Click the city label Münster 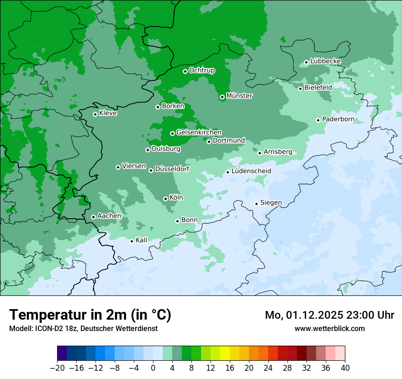coord(239,96)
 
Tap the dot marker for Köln coord(165,199)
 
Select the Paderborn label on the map coord(338,119)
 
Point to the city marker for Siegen coord(256,204)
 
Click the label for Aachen coord(109,216)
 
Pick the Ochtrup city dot coord(185,71)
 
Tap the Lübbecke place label coord(325,61)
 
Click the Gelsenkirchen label coord(199,132)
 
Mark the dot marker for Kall coord(132,241)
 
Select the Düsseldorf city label coord(172,169)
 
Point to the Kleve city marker coord(95,114)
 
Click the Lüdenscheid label coord(251,171)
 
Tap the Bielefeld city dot coord(300,89)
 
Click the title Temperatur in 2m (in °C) coord(90,315)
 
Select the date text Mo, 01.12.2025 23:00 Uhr coord(329,315)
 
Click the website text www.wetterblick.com coord(329,328)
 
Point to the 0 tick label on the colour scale coord(153,368)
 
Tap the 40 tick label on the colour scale coord(345,368)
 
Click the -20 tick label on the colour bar coord(57,368)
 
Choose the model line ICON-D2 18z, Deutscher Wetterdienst coord(83,328)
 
